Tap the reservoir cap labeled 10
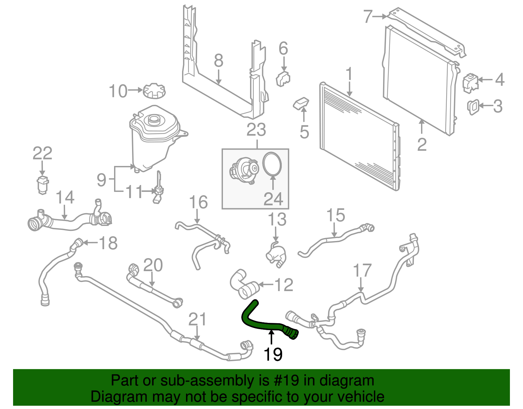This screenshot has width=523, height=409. [x=154, y=90]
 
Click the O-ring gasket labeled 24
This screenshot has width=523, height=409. [x=272, y=164]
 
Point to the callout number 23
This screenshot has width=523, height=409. [x=256, y=130]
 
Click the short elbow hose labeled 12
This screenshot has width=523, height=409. [x=244, y=284]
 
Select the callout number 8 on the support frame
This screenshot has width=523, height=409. [x=219, y=61]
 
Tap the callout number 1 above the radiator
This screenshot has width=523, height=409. [x=349, y=75]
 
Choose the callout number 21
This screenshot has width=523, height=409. [x=197, y=320]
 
